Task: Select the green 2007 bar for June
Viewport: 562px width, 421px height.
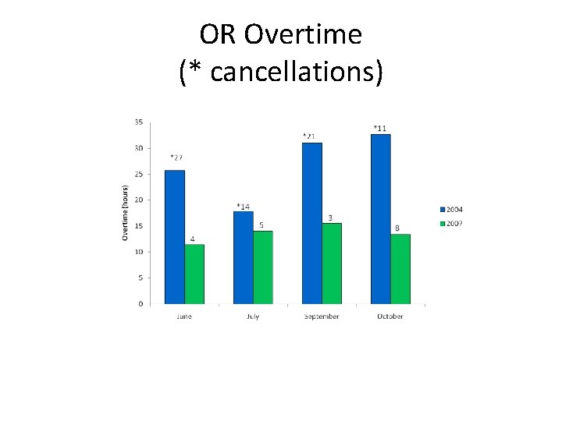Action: click(194, 274)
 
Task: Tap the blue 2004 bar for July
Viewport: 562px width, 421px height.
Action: click(243, 257)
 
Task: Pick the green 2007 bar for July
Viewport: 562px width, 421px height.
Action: click(262, 267)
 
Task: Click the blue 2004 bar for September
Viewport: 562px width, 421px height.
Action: click(311, 223)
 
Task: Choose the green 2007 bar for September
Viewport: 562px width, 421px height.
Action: click(331, 263)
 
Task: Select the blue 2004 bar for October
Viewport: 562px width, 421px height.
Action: click(380, 219)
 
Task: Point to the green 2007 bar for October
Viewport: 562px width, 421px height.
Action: click(400, 268)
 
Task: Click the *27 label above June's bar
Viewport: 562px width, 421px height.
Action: click(176, 157)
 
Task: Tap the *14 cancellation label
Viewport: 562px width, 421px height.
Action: click(244, 207)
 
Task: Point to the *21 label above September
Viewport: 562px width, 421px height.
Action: click(309, 136)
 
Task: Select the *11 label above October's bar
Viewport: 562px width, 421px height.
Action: click(379, 128)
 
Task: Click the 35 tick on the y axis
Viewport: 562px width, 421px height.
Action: click(138, 122)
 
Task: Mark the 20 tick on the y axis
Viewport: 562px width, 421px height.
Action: click(138, 200)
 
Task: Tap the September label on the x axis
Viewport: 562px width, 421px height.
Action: click(322, 317)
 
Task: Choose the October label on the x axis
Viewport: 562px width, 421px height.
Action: click(389, 317)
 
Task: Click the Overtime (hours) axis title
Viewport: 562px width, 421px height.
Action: click(125, 212)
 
